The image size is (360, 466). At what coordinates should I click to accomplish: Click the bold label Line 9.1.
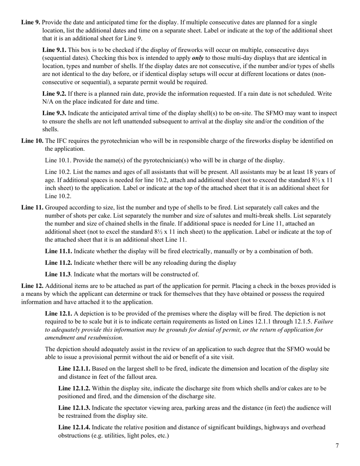click(54, 50)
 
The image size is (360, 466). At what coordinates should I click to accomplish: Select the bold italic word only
click(197, 58)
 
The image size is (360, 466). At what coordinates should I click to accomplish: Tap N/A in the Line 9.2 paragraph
click(49, 101)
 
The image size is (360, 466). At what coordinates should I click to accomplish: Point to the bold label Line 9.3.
click(54, 113)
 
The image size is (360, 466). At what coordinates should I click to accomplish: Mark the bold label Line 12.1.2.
click(74, 388)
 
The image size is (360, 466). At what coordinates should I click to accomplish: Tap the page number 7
click(337, 446)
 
